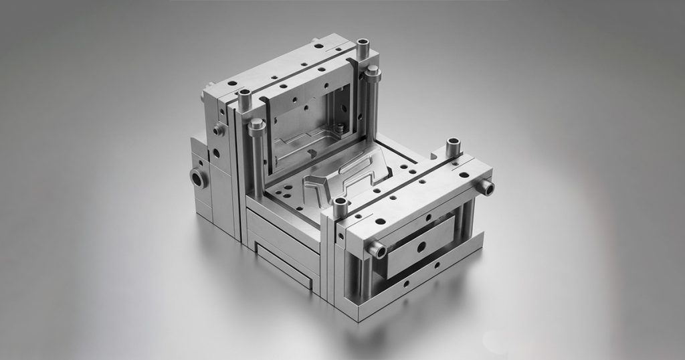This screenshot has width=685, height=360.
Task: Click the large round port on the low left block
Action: tap(199, 177)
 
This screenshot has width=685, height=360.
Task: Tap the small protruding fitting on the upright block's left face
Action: tap(219, 130)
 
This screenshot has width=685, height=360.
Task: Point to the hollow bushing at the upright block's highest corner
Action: tap(363, 48)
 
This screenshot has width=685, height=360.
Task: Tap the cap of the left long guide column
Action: tap(256, 125)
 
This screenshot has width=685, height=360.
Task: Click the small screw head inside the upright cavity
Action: tap(340, 127)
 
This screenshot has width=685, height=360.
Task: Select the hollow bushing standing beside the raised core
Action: tap(340, 205)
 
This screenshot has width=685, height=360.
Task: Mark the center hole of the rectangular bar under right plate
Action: tap(421, 247)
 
